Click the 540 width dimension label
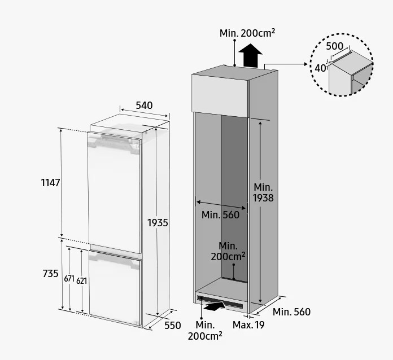click(144, 106)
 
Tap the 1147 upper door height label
click(50, 183)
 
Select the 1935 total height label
click(158, 223)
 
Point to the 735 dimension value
click(50, 274)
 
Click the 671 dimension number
click(69, 279)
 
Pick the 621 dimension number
click(82, 281)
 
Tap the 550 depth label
click(173, 326)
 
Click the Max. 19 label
click(248, 325)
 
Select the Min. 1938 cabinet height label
click(263, 192)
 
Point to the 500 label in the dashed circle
click(335, 46)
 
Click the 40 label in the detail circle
click(320, 68)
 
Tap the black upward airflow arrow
click(250, 56)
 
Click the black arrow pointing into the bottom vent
click(215, 306)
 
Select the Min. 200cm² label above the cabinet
click(247, 33)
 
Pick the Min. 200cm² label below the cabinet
click(205, 331)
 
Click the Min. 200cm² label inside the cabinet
click(228, 251)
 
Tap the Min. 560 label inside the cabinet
click(220, 215)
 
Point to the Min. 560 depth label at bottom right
click(291, 312)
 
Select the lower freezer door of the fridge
click(115, 288)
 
